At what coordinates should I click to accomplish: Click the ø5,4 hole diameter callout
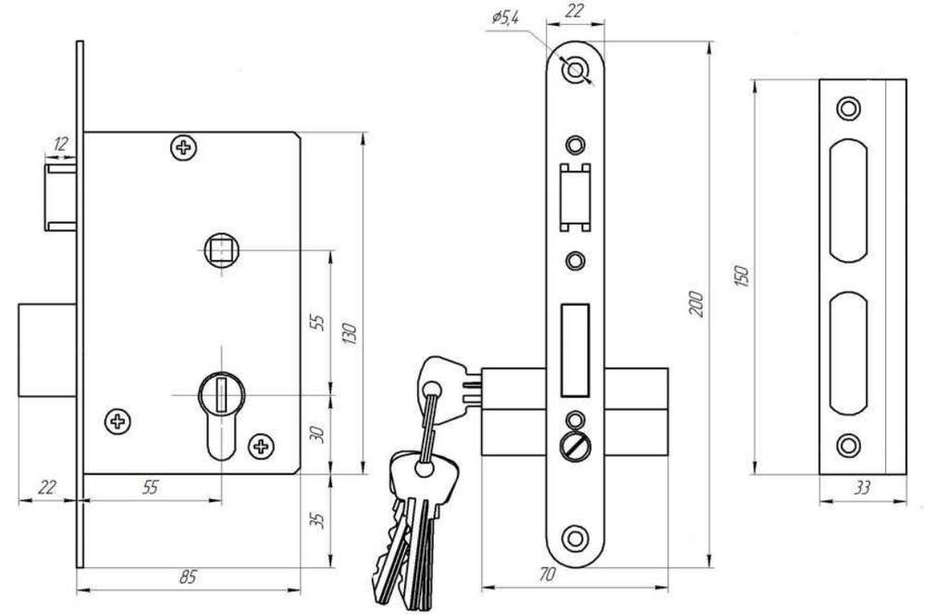coord(506,18)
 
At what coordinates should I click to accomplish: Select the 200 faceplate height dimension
coord(697,304)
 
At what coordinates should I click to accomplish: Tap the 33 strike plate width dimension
coord(862,488)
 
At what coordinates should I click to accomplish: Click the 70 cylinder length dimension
coord(548,574)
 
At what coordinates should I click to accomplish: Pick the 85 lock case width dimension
coord(188,577)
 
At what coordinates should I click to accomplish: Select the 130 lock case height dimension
coord(350,335)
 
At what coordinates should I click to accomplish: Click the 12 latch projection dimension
coord(60,143)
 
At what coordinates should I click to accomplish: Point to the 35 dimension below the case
coord(318,520)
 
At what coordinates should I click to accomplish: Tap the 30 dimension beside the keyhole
coord(317,435)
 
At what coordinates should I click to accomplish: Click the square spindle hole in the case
coord(222,250)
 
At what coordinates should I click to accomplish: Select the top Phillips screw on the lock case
coord(184,147)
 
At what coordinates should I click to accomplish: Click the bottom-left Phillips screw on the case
coord(117,421)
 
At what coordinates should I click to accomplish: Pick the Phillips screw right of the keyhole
coord(261,447)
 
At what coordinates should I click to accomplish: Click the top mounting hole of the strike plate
coord(848,108)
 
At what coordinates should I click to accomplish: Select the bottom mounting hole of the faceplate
coord(574,537)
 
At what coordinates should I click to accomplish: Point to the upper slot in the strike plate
coord(848,201)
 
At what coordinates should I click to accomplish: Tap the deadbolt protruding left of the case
coord(47,350)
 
